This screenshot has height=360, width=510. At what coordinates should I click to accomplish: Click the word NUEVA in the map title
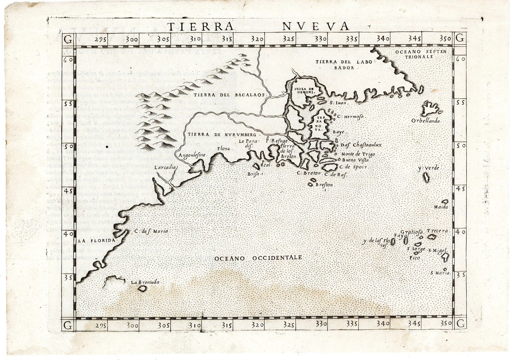pyautogui.click(x=315, y=26)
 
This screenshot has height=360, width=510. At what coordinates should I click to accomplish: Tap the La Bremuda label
pyautogui.click(x=145, y=282)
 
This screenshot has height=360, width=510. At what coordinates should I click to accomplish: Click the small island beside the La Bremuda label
pyautogui.click(x=142, y=289)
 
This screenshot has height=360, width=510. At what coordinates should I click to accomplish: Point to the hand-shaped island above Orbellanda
pyautogui.click(x=431, y=108)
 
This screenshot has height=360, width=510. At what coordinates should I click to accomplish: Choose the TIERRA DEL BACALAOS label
pyautogui.click(x=231, y=95)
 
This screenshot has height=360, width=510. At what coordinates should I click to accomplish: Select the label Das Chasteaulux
pyautogui.click(x=361, y=145)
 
